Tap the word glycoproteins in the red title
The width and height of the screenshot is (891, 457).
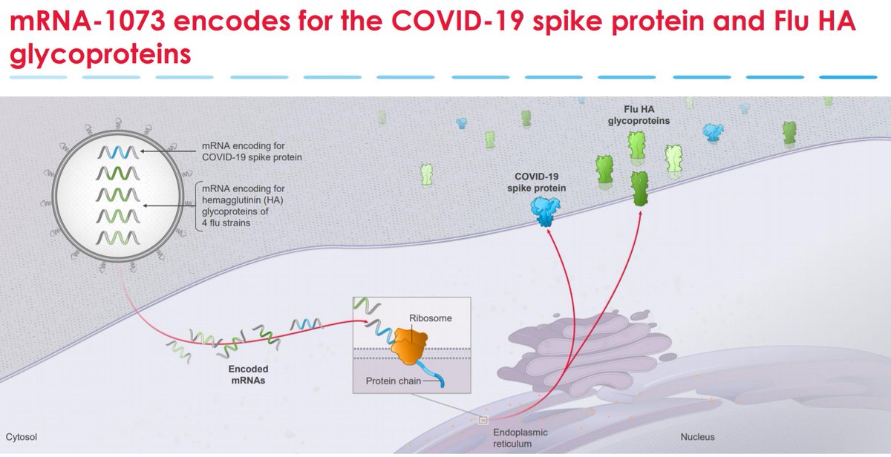click(x=100, y=55)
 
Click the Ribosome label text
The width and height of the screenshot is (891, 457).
click(x=431, y=318)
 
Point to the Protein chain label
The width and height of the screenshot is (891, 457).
click(x=394, y=381)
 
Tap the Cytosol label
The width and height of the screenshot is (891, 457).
click(x=22, y=437)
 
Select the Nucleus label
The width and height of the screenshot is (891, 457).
click(x=698, y=437)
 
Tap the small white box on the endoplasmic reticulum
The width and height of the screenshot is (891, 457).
click(x=483, y=421)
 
